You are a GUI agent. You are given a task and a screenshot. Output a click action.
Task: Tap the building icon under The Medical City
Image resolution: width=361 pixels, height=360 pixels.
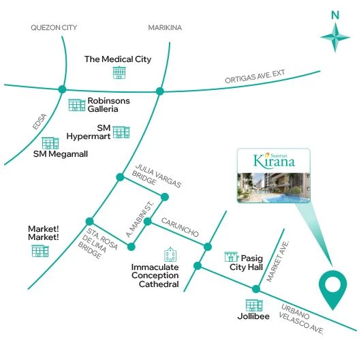(120, 72)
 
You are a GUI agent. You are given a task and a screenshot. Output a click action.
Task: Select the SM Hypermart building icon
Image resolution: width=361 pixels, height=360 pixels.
(121, 132)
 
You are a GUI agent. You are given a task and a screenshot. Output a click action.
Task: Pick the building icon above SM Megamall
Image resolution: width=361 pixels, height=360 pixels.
(50, 142)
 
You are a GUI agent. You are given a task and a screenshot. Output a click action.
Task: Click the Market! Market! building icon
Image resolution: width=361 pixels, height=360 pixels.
(40, 251)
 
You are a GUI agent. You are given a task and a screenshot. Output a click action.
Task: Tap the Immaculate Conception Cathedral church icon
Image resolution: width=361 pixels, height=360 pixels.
(170, 256)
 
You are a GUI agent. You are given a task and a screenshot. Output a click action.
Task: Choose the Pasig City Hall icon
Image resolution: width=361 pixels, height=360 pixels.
(232, 257)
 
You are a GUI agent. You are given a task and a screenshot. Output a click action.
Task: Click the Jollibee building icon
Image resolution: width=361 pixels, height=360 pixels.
(253, 306)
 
